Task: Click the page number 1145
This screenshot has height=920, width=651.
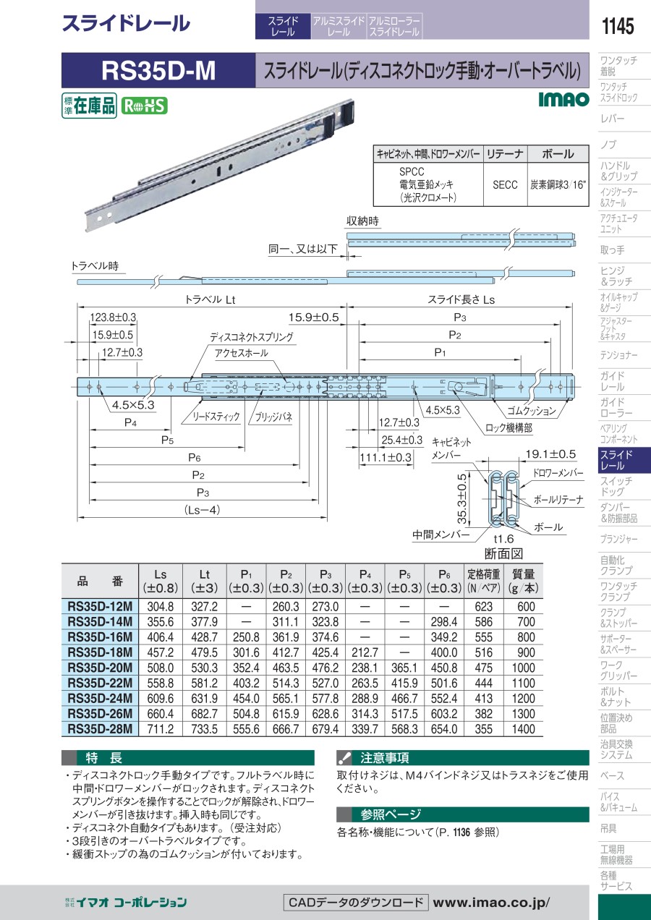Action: (x=618, y=26)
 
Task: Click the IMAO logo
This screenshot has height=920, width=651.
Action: (x=563, y=99)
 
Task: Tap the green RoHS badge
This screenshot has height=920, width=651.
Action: (x=144, y=106)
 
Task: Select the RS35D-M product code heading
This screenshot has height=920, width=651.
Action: (x=158, y=70)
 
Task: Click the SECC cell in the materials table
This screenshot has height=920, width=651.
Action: (x=505, y=185)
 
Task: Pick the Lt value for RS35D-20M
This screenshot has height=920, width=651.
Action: (x=204, y=668)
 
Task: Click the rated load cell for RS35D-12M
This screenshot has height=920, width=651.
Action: (x=483, y=606)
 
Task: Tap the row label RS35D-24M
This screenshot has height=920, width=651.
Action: (x=100, y=698)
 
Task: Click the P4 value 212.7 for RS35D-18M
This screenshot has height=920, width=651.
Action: (x=365, y=652)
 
